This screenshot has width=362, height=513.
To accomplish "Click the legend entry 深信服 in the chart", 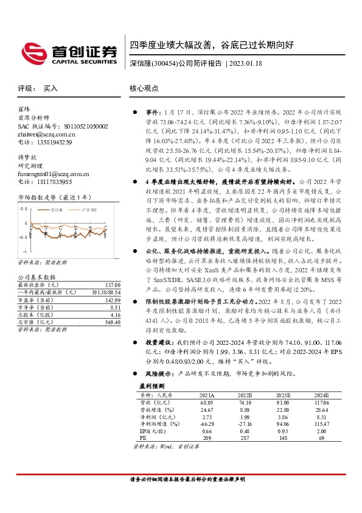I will coord(57,209).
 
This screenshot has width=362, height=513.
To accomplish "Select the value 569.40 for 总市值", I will coord(113,322).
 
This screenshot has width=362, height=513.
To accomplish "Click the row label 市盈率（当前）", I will coord(36,300).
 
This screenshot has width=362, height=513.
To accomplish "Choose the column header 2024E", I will coord(322,395).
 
